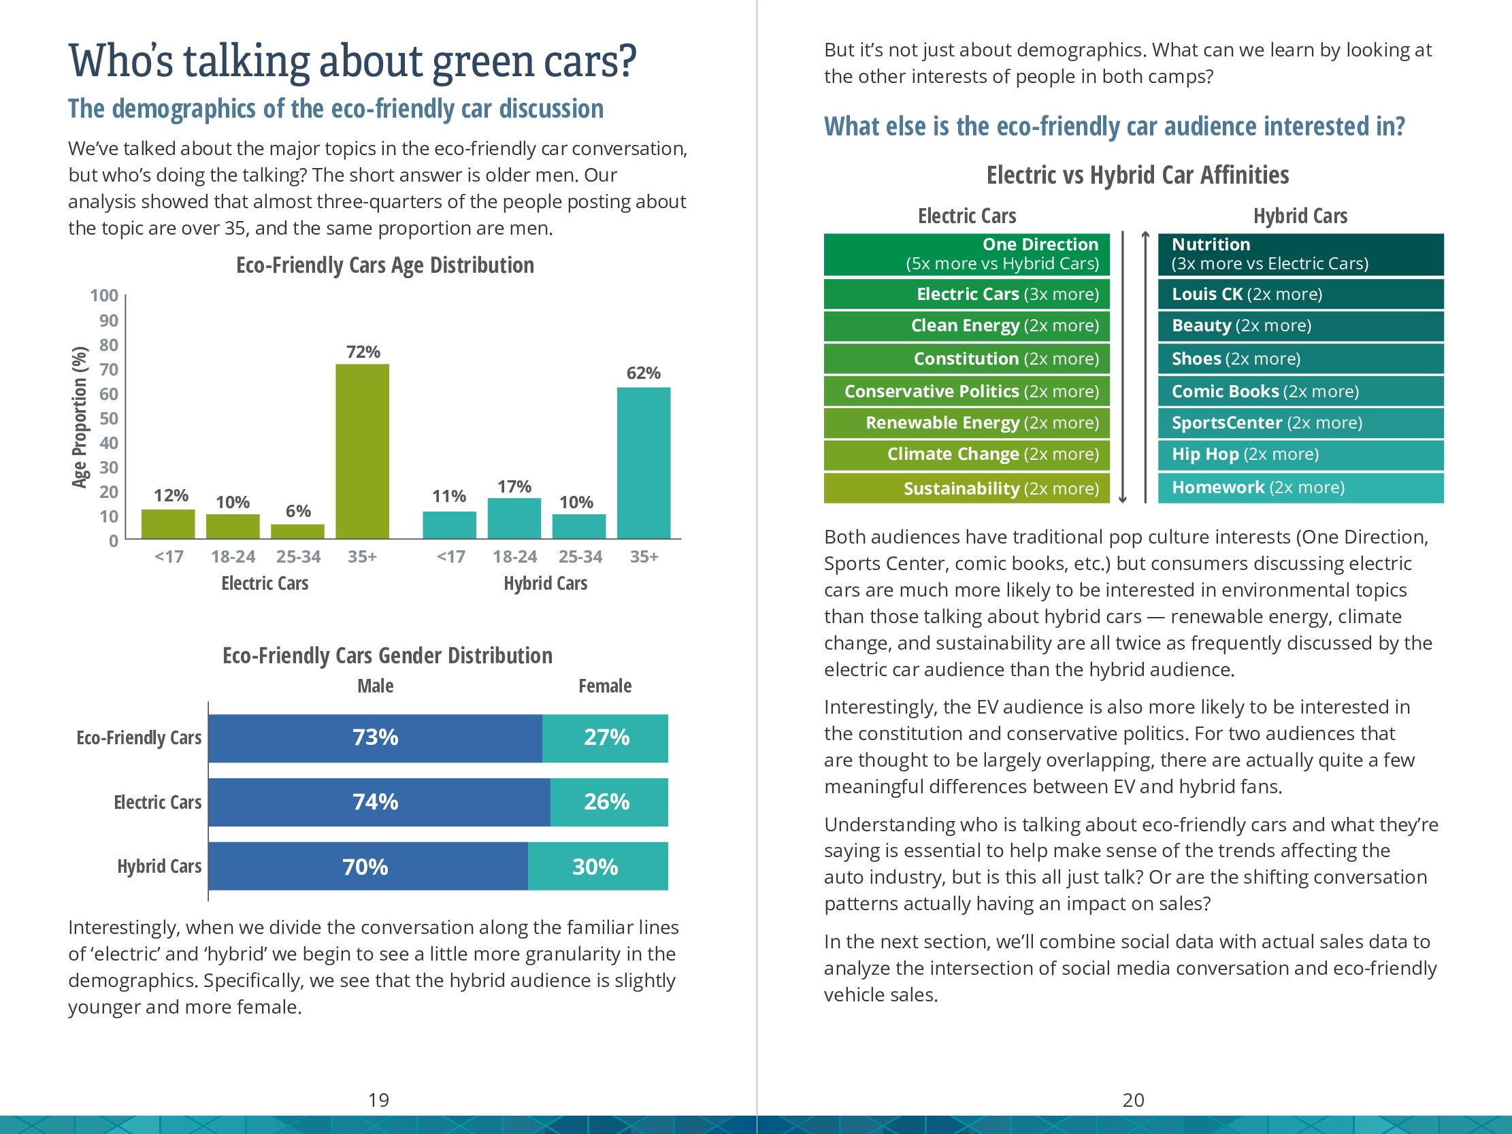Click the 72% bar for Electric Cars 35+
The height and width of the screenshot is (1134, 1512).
click(362, 451)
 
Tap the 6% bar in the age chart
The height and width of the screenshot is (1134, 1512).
click(297, 531)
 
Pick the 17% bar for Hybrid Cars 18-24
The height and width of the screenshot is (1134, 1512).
click(514, 518)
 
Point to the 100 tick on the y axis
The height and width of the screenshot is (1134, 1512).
click(104, 295)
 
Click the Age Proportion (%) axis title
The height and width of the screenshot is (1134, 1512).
click(80, 417)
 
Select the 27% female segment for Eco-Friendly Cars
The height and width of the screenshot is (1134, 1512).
click(605, 738)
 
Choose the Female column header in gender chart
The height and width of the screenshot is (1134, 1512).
click(605, 686)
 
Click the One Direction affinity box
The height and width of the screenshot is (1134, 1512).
click(966, 254)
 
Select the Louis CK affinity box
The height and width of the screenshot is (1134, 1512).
click(1300, 294)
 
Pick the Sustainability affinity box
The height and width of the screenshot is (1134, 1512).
click(966, 488)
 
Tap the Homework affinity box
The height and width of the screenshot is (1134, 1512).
click(1300, 487)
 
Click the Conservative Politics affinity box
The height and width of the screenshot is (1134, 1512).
click(966, 391)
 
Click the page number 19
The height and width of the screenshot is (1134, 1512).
click(379, 1100)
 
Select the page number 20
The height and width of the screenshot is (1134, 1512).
click(1133, 1100)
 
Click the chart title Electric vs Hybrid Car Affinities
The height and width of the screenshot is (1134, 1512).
click(1138, 175)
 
